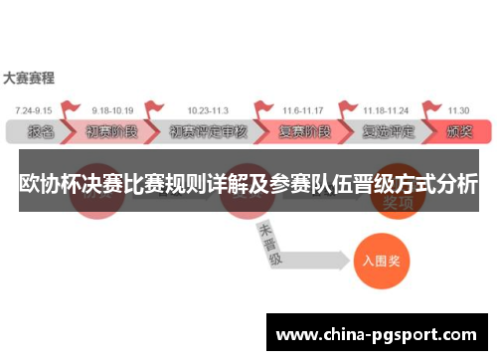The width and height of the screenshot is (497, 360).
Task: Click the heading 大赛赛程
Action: click(x=29, y=77)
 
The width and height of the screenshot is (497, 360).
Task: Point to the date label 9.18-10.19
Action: click(x=112, y=110)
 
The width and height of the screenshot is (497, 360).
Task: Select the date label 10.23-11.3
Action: click(x=207, y=110)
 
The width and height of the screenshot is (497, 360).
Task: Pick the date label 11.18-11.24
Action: click(x=385, y=110)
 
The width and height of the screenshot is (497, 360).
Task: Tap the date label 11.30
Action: click(x=457, y=110)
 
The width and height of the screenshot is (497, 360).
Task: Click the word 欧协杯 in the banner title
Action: click(x=50, y=184)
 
